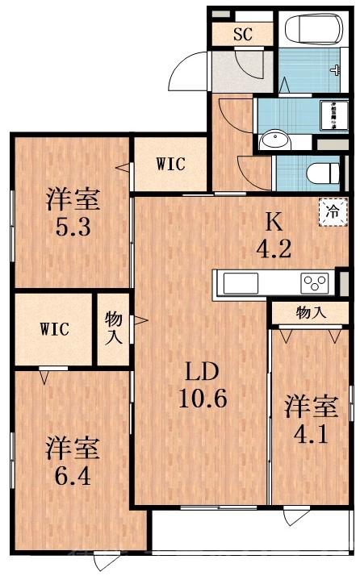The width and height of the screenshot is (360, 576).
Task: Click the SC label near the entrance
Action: [242, 35]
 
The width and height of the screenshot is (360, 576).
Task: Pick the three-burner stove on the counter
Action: [315, 283]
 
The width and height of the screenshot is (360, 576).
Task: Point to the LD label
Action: [199, 372]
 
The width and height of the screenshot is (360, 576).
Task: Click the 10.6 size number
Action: [199, 399]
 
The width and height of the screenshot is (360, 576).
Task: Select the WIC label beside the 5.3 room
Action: [170, 165]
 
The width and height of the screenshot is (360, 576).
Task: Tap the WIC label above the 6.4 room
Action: [55, 329]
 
